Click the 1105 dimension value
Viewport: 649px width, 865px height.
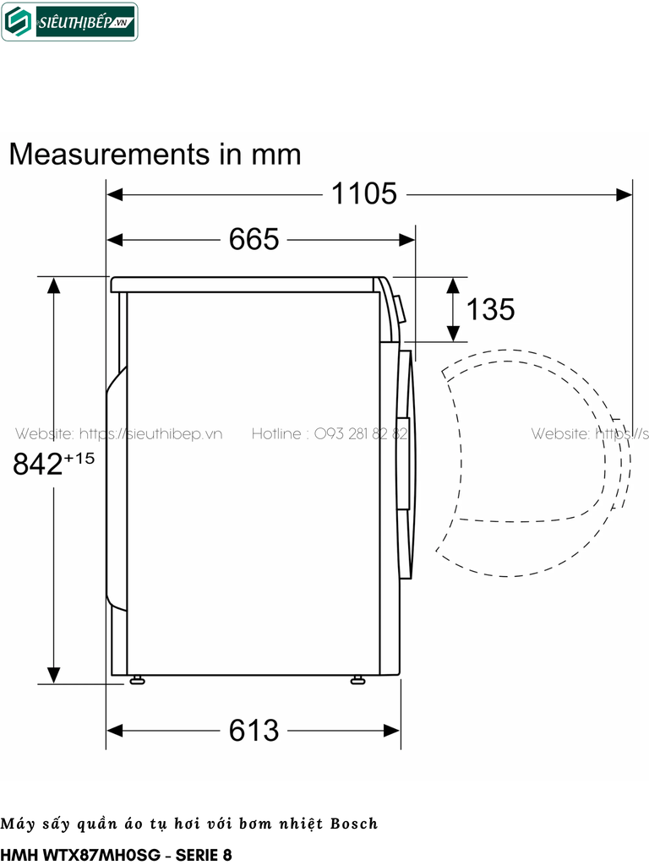click(363, 193)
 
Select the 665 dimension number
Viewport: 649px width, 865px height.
click(254, 239)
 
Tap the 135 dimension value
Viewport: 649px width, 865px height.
click(490, 309)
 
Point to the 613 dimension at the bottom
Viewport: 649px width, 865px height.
click(254, 730)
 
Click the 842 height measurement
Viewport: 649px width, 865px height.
click(38, 464)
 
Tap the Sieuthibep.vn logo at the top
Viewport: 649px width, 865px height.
click(70, 23)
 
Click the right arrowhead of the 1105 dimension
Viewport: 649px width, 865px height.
click(624, 194)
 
